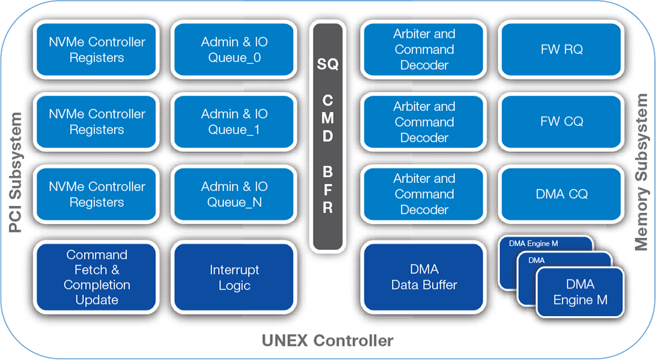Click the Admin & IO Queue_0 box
click(234, 50)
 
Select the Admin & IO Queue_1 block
click(234, 122)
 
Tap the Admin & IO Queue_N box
click(234, 194)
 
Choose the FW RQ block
click(561, 50)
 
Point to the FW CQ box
click(561, 122)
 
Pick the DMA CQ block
click(561, 194)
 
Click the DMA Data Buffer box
click(424, 277)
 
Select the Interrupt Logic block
click(234, 277)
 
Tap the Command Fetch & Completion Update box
click(96, 277)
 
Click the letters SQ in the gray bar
click(327, 64)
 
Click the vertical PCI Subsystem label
click(16, 172)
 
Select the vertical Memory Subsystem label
click(642, 172)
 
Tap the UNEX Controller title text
click(327, 341)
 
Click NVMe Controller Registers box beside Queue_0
click(96, 50)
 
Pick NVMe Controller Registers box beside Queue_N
click(96, 194)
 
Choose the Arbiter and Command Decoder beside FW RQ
click(424, 50)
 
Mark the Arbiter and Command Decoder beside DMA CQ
click(424, 194)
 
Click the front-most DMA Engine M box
click(580, 292)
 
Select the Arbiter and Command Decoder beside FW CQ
click(424, 122)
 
